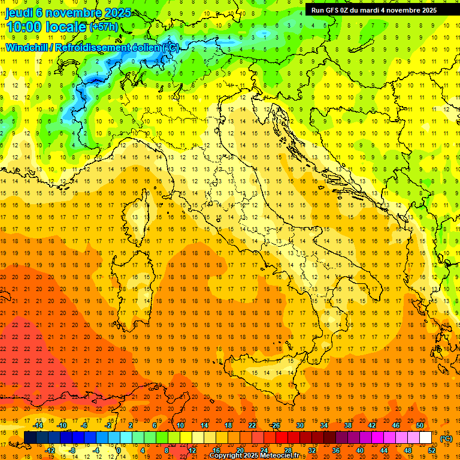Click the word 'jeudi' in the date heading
[x=19, y=13]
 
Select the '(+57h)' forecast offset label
[x=104, y=27]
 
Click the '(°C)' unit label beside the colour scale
[x=446, y=438]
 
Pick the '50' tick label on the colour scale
[x=420, y=425]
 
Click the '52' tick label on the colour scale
[x=432, y=450]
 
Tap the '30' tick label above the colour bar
[x=300, y=425]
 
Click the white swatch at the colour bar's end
[x=426, y=437]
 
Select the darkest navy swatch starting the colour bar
[x=30, y=437]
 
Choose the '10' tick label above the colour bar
[x=180, y=425]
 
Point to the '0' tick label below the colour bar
[x=118, y=450]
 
